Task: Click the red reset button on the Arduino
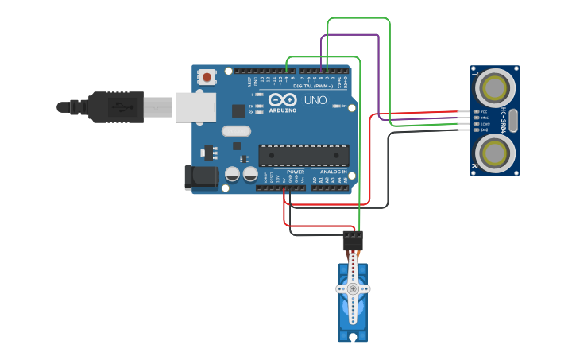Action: pyautogui.click(x=207, y=77)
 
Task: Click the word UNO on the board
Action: pyautogui.click(x=315, y=101)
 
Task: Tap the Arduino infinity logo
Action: pyautogui.click(x=283, y=100)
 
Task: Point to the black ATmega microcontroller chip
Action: pyautogui.click(x=303, y=156)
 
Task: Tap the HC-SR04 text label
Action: pyautogui.click(x=503, y=119)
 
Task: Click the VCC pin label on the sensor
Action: pyautogui.click(x=484, y=112)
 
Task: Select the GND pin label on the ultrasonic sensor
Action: pyautogui.click(x=484, y=130)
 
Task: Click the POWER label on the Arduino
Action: pyautogui.click(x=296, y=172)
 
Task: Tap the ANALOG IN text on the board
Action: pyautogui.click(x=333, y=172)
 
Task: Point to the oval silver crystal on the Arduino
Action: pyautogui.click(x=236, y=131)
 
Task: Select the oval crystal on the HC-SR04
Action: pyautogui.click(x=513, y=120)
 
